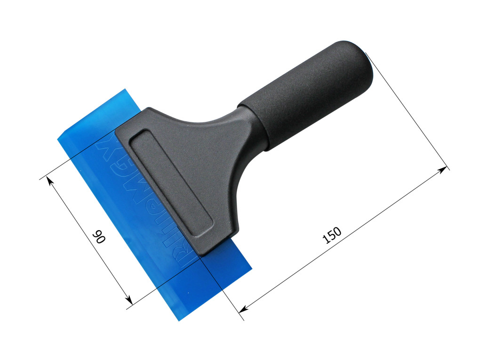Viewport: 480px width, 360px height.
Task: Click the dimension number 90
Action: point(99,236)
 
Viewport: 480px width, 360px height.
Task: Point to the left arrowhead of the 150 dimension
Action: point(242,310)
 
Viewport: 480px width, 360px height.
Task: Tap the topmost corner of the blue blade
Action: point(125,89)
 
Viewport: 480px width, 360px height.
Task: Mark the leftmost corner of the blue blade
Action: point(58,139)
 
